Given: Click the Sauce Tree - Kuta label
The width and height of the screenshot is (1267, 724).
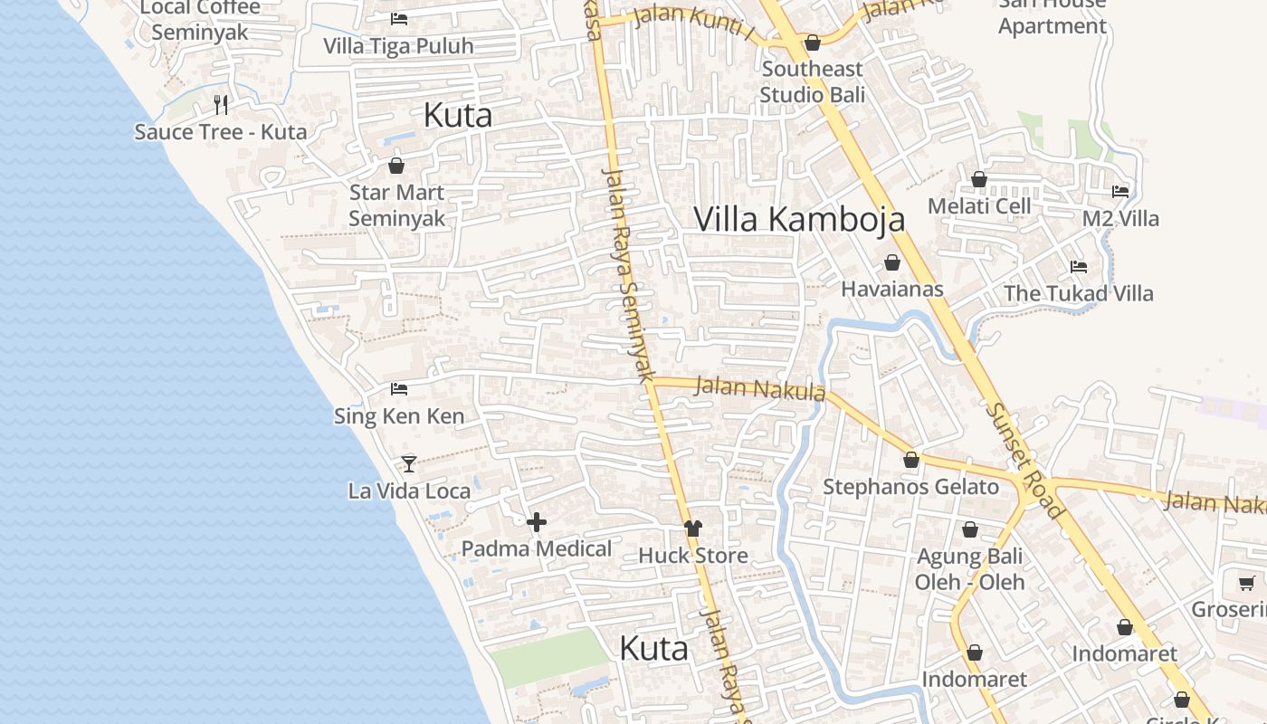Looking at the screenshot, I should [221, 132].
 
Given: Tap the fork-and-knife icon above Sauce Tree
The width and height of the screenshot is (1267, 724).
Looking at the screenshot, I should [221, 104].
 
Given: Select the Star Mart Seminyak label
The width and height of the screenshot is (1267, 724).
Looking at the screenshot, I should [397, 205].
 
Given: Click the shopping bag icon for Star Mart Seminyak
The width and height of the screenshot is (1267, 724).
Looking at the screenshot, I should [395, 166].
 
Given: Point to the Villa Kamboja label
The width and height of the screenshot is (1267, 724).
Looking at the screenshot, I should [799, 219].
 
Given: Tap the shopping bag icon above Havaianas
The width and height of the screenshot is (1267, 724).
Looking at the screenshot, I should [892, 262].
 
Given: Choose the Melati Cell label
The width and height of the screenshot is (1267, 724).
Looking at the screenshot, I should [980, 206].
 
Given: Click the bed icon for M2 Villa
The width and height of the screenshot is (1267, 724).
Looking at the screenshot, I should [1120, 191].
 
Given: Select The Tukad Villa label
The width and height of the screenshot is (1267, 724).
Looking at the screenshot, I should [1079, 293].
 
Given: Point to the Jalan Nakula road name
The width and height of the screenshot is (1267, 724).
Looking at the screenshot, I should [760, 388].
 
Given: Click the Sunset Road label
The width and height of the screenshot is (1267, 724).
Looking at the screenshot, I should [1025, 462].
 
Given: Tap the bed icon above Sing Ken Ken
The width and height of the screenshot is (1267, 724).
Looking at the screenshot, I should [399, 389].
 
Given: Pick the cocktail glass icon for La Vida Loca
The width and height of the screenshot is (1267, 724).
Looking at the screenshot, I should [409, 463].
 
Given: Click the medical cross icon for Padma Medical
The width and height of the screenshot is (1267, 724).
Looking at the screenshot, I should [537, 521].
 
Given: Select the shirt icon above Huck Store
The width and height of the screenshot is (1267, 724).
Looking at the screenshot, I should [693, 529].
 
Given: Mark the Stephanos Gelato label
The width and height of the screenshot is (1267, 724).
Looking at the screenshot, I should [910, 487].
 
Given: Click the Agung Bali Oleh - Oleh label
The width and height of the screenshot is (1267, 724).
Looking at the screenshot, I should [969, 569].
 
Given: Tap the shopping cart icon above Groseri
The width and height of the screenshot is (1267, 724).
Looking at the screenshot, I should [1246, 583].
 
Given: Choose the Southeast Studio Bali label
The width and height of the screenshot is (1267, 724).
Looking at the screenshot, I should [813, 81].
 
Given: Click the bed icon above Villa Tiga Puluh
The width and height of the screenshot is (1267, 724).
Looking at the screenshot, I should [399, 18].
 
